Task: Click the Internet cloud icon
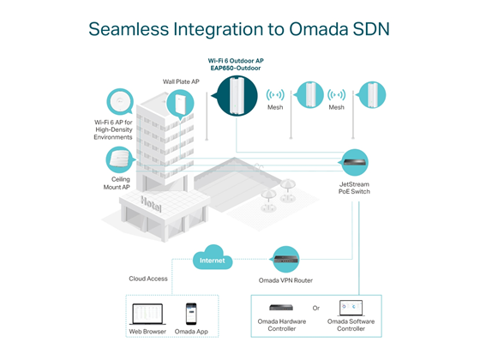(x=213, y=257)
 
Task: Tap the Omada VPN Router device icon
(x=285, y=259)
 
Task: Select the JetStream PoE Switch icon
(x=354, y=163)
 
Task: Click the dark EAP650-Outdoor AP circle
(x=237, y=96)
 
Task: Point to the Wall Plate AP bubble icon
(x=180, y=104)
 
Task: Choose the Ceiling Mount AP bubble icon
(x=120, y=159)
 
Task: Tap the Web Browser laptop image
(x=147, y=314)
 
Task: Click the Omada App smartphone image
(x=191, y=314)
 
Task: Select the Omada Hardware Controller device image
(x=281, y=308)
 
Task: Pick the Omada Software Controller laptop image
(x=351, y=308)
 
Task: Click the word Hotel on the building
(x=151, y=204)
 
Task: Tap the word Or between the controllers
(x=316, y=308)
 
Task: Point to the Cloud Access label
(x=148, y=279)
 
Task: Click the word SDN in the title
(x=370, y=29)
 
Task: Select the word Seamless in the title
(x=129, y=29)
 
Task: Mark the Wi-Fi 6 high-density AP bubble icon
(x=120, y=102)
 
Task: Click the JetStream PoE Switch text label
(x=354, y=188)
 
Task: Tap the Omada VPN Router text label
(x=285, y=280)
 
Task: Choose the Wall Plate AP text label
(x=181, y=81)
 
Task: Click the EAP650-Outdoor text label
(x=236, y=68)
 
